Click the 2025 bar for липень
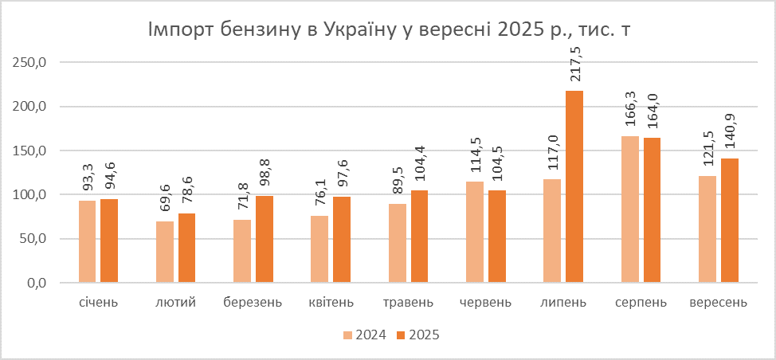tap(574, 187)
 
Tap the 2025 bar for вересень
tap(729, 221)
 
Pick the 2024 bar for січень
tap(88, 241)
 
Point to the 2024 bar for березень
tap(242, 251)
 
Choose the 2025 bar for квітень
tap(342, 240)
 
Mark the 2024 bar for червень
tap(475, 232)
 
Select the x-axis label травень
tap(408, 303)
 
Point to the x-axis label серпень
tap(641, 303)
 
